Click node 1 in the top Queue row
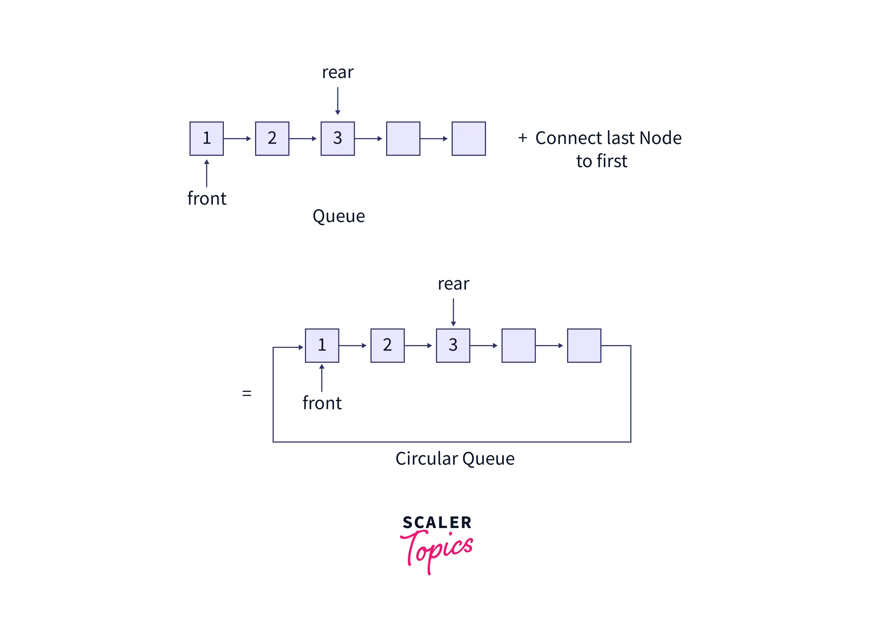(x=206, y=138)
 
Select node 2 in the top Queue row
(x=272, y=138)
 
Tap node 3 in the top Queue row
(x=337, y=138)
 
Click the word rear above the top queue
(x=337, y=72)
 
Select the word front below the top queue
(x=207, y=198)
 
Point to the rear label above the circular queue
(x=453, y=284)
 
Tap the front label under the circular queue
(x=322, y=403)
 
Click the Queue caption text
(x=339, y=216)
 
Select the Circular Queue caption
(x=455, y=458)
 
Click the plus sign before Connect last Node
(x=522, y=138)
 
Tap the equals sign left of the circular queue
(x=247, y=393)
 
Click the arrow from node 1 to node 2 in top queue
(x=237, y=138)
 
